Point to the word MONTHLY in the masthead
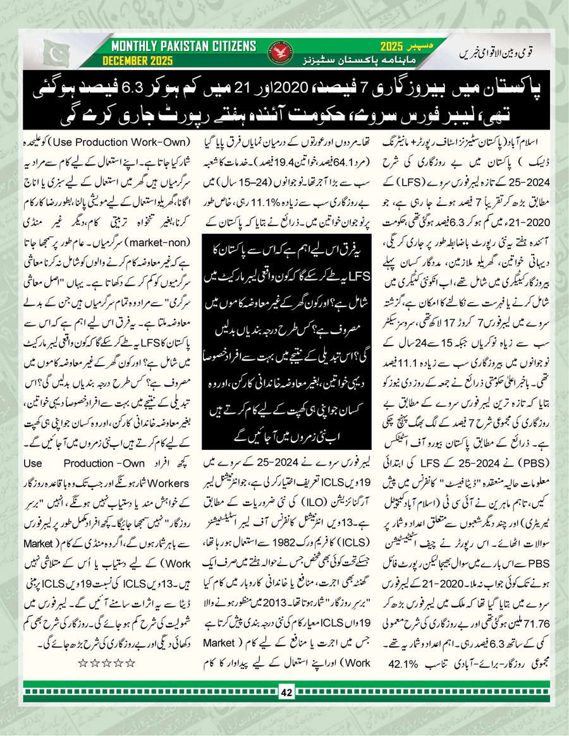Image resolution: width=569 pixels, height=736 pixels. (133, 47)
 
